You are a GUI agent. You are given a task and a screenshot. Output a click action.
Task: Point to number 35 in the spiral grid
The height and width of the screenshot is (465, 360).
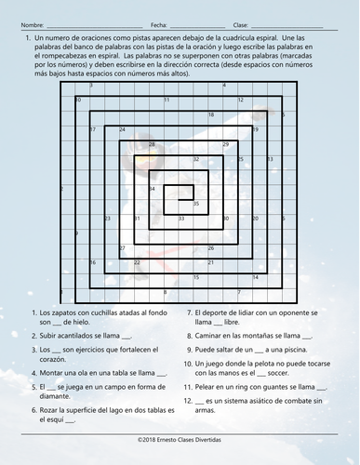pyautogui.click(x=196, y=203)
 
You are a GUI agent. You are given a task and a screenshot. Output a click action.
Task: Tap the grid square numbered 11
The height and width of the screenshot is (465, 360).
pyautogui.click(x=167, y=99)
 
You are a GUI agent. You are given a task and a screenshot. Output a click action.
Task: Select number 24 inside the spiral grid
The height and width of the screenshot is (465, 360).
pyautogui.click(x=122, y=129)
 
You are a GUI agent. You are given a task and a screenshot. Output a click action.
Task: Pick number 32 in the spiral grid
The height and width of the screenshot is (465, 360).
pyautogui.click(x=196, y=159)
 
